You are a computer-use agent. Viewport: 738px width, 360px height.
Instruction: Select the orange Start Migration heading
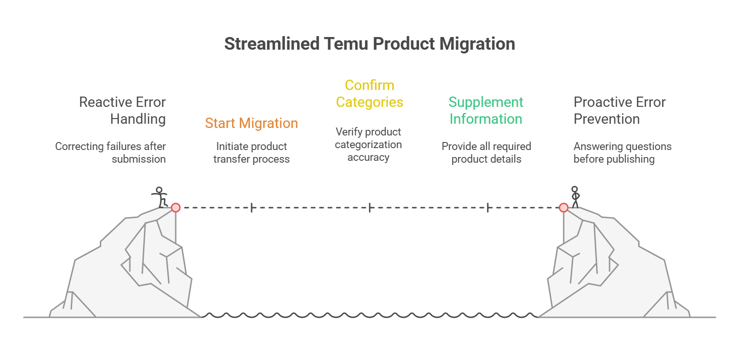(x=251, y=123)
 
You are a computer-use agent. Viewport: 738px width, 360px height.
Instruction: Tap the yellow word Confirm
(x=369, y=85)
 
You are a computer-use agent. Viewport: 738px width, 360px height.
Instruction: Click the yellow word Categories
(x=369, y=102)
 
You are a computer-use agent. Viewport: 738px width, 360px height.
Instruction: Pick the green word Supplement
(x=485, y=102)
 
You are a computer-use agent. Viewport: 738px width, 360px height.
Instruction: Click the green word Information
(x=485, y=119)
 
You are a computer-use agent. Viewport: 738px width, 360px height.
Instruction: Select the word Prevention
(x=606, y=119)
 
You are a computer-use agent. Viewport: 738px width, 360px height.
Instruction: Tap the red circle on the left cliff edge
(x=176, y=207)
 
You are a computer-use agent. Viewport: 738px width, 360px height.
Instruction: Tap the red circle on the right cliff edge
(x=564, y=207)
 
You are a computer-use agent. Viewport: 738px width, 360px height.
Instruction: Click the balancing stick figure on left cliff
(x=160, y=197)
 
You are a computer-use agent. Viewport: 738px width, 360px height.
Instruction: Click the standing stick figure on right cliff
(x=575, y=196)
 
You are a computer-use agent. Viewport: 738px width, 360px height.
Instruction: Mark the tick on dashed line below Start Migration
(x=252, y=207)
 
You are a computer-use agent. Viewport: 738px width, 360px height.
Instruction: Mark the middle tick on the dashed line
(x=370, y=207)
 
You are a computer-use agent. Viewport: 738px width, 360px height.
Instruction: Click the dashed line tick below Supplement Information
(x=488, y=207)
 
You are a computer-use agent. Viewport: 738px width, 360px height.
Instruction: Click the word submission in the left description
(x=139, y=159)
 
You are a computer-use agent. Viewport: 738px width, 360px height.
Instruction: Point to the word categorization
(x=368, y=145)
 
